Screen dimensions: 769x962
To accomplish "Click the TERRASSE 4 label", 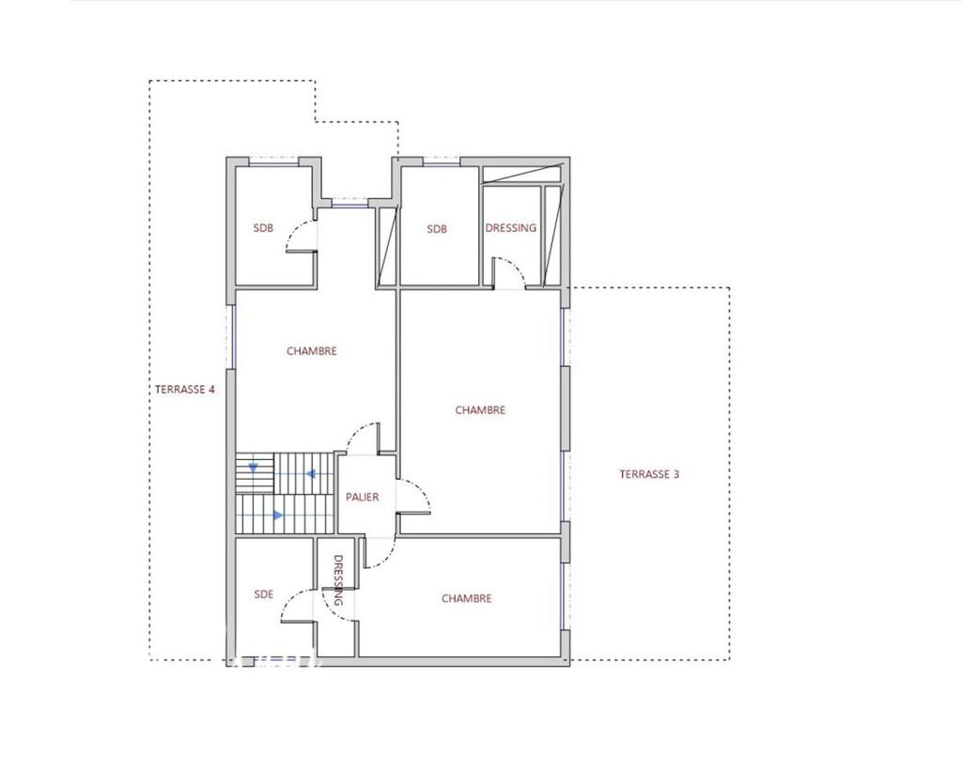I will point(185,389).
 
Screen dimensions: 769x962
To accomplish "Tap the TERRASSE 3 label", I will point(649,474).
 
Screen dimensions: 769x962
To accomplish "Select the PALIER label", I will point(362,497).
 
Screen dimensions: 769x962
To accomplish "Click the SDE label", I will point(264,594).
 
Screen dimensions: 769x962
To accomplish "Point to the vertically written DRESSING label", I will point(338,580).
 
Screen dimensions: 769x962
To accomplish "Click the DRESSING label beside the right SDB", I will point(511,228).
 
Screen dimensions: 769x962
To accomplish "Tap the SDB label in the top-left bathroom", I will point(263,228).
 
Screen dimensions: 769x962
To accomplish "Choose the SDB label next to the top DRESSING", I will point(437,229).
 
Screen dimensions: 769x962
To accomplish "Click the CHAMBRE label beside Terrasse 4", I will point(311,351).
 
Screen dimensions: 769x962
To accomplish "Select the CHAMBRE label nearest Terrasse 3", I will point(480,410).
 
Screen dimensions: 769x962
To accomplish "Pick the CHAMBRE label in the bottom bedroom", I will point(466,599).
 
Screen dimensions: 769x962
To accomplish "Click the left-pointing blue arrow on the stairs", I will point(310,474).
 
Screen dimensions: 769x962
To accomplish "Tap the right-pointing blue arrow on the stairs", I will point(277,515).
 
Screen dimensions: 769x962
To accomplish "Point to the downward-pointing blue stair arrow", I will point(253,466).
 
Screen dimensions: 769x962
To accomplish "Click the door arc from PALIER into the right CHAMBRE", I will point(420,494).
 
